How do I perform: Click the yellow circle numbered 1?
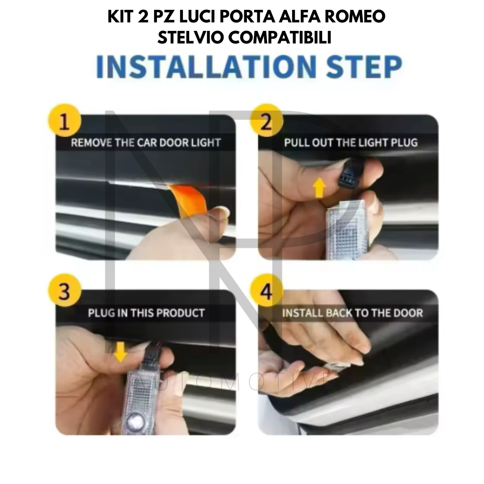(64, 121)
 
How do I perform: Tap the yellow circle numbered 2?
(266, 121)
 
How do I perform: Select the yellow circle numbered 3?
(64, 290)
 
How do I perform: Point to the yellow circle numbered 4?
(266, 290)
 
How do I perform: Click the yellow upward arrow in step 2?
(319, 188)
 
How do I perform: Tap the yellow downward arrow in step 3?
(121, 351)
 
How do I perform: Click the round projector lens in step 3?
(135, 419)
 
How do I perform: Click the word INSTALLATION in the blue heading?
(206, 67)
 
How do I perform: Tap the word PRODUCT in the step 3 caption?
(180, 313)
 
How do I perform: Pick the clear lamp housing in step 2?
(346, 229)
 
